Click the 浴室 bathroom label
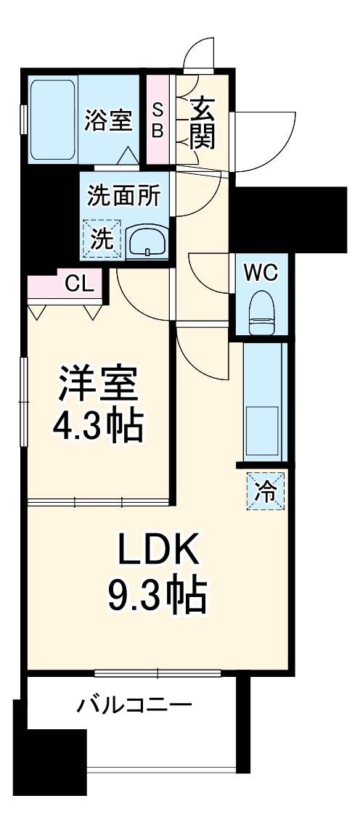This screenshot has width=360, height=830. click(x=108, y=120)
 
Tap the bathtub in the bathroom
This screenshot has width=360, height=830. click(x=53, y=120)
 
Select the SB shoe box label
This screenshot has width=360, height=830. click(x=157, y=120)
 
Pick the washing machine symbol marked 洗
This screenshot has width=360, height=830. click(x=102, y=239)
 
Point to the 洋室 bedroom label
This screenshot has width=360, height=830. click(x=97, y=384)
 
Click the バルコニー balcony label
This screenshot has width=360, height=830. click(x=135, y=704)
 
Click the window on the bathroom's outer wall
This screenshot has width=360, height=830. click(x=24, y=120)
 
